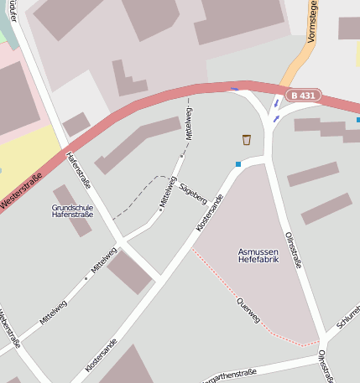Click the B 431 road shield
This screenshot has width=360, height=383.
303,96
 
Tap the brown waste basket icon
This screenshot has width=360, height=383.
247,139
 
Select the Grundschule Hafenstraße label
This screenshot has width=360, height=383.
72,210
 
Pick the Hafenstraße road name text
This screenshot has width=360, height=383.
78,169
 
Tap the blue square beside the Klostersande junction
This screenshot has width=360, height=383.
238,163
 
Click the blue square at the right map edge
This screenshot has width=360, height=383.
357,120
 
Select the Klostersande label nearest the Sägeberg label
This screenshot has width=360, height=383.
210,215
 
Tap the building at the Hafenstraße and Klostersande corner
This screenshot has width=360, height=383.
129,272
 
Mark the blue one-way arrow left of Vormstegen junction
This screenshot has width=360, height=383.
234,89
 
